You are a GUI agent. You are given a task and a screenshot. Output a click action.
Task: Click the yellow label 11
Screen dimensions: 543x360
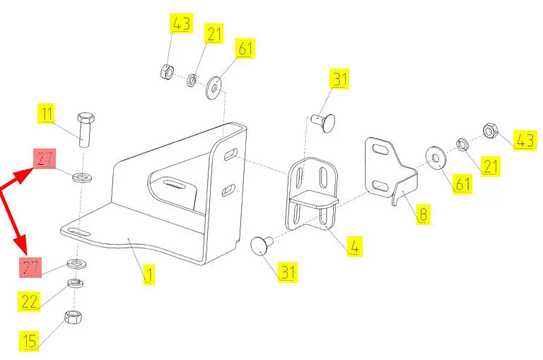(46, 115)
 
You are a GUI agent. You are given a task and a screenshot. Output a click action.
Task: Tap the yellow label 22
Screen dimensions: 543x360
(29, 301)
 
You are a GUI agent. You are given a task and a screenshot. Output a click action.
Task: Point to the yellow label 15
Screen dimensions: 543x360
(28, 341)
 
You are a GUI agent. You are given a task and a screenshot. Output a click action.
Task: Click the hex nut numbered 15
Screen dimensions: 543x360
(72, 318)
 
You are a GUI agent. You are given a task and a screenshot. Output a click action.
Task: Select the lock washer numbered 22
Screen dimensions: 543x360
(74, 284)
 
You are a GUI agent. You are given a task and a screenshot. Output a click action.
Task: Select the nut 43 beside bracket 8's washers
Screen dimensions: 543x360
(490, 131)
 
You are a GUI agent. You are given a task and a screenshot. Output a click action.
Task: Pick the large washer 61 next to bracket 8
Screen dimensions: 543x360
(435, 157)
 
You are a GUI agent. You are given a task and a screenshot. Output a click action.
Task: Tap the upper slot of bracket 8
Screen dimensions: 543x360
(380, 150)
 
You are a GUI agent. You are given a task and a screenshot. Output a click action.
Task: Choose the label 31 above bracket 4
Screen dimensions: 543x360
(340, 80)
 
